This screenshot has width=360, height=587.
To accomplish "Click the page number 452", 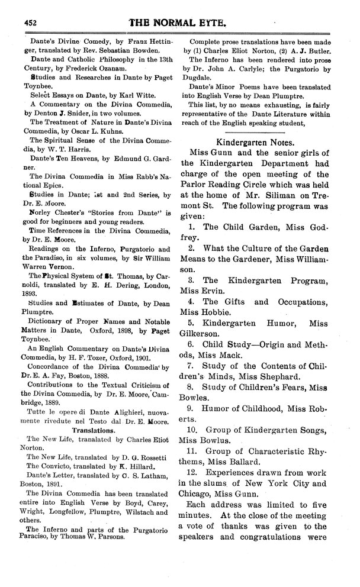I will tap(31, 22).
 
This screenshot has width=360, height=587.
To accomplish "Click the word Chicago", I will tap(201, 517).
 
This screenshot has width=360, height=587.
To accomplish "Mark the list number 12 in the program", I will tap(191, 491).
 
